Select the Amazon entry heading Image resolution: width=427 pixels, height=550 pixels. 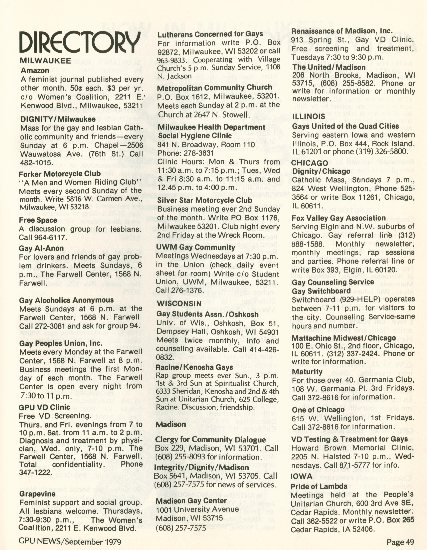[x=35, y=70]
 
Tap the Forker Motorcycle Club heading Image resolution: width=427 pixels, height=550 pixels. [x=60, y=174]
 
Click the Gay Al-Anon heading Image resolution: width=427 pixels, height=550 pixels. [x=41, y=248]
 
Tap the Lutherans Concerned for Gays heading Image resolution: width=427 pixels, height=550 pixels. [x=210, y=34]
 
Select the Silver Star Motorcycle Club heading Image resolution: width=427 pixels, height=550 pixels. [x=205, y=200]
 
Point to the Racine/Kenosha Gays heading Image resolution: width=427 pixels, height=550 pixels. [x=194, y=367]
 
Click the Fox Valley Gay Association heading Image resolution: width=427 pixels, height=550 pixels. [x=339, y=218]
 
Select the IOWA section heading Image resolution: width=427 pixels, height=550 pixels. [x=301, y=476]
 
